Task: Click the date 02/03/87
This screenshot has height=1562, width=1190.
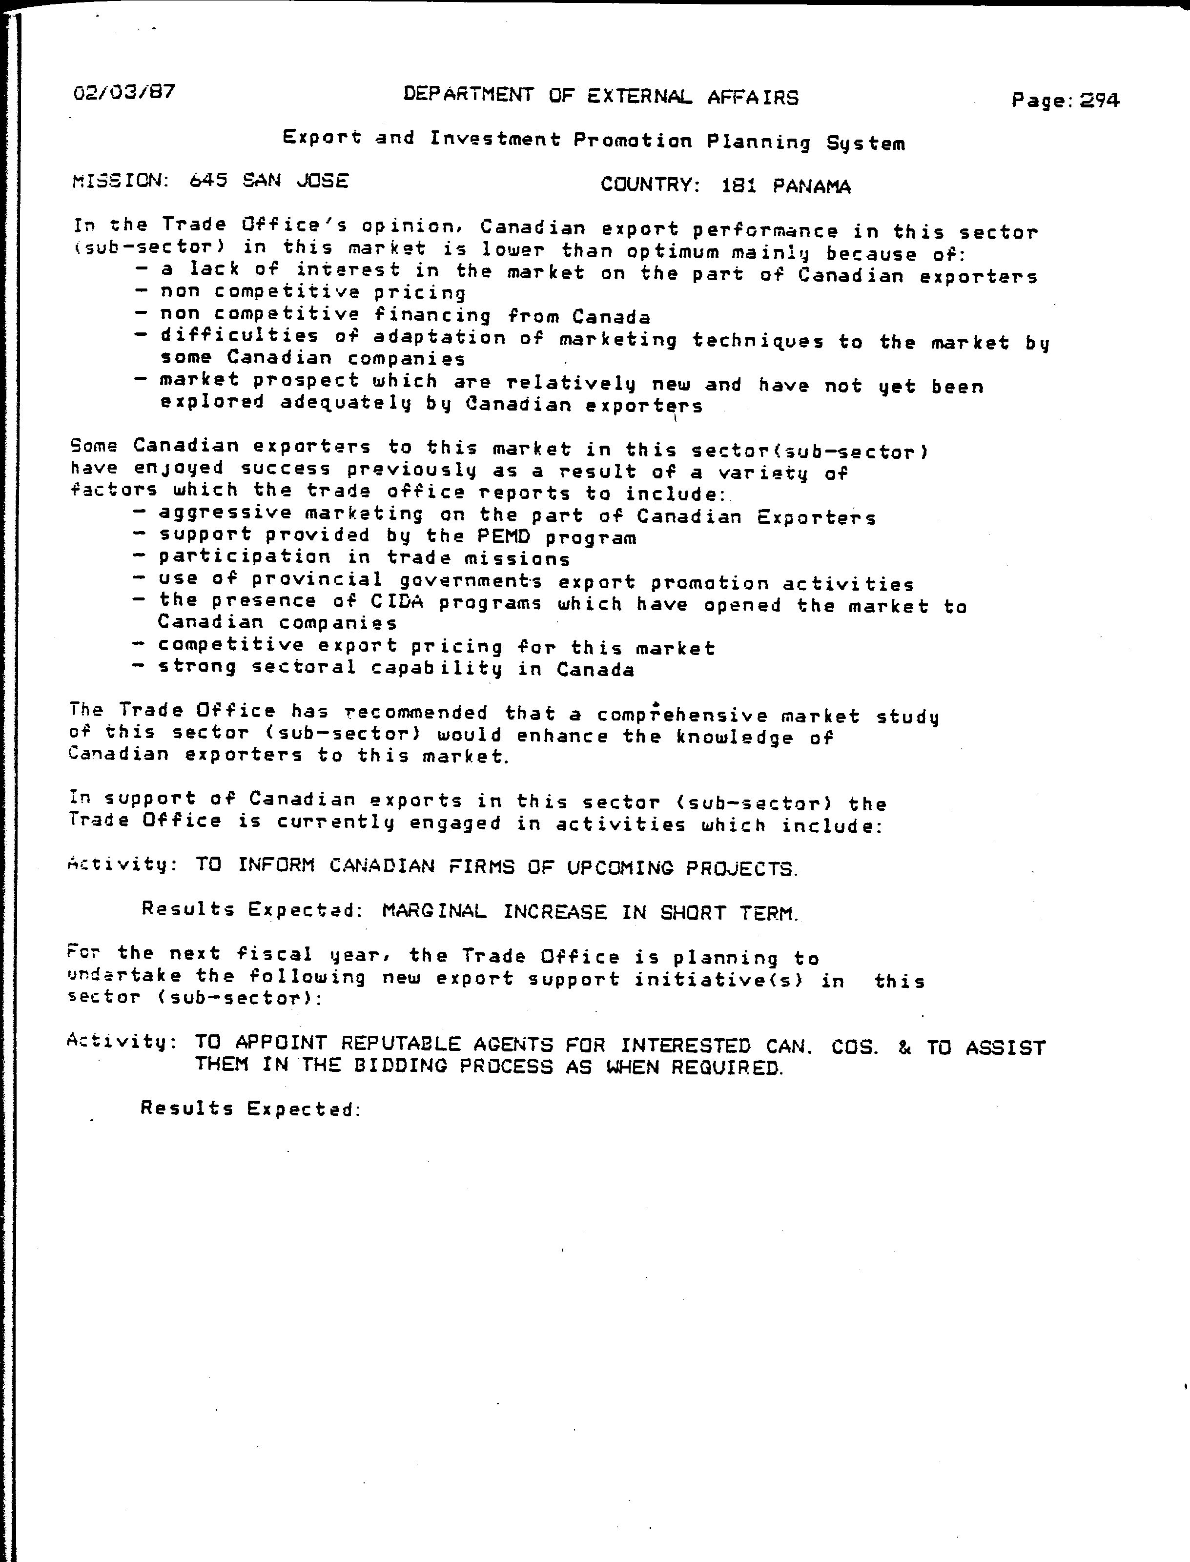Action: point(124,93)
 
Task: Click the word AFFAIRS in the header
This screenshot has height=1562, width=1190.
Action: point(753,97)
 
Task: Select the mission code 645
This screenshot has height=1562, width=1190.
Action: point(208,181)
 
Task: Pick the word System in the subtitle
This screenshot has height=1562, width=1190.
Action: point(865,144)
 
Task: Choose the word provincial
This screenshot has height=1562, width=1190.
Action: point(317,579)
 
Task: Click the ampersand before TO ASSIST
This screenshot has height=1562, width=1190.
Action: point(904,1048)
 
